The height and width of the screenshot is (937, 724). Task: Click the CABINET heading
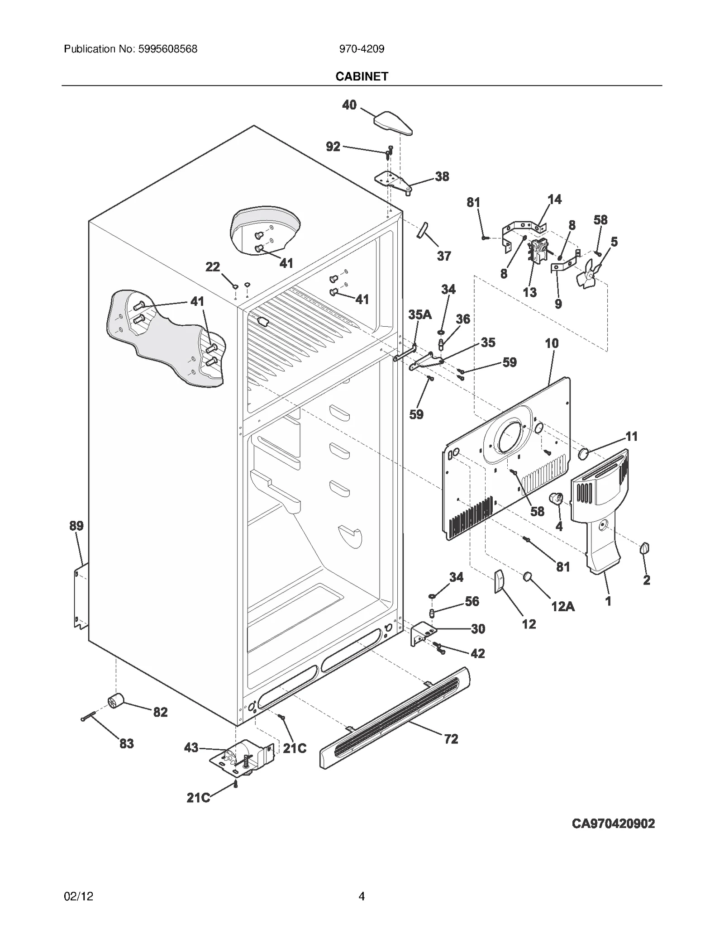[x=362, y=76]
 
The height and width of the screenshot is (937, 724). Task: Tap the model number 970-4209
[x=362, y=49]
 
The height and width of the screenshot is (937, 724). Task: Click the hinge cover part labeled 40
[x=392, y=123]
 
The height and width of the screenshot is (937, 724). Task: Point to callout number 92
[x=333, y=147]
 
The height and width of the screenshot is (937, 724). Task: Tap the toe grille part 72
[x=394, y=719]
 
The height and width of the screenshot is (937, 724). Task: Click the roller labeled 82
[x=116, y=702]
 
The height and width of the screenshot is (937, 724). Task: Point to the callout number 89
[x=76, y=526]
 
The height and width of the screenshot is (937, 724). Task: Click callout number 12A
[x=562, y=606]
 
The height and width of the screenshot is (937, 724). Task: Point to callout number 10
[x=552, y=343]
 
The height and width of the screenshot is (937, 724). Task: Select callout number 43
[x=191, y=748]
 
